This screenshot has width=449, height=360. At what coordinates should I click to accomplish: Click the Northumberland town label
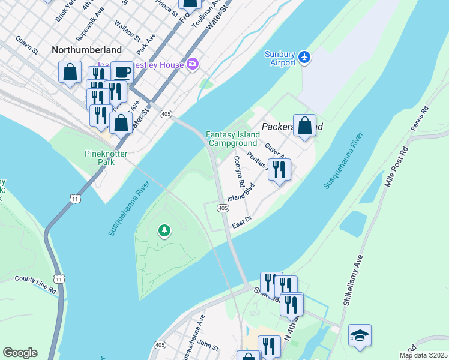click(86, 50)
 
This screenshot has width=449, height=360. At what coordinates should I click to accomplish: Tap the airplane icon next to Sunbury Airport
click(305, 56)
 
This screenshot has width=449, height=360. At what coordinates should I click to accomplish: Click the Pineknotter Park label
click(98, 158)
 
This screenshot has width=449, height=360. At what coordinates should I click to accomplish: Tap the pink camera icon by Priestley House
click(193, 64)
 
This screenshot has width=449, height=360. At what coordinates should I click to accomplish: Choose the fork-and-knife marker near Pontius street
click(279, 170)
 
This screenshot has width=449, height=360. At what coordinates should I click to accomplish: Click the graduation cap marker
click(360, 335)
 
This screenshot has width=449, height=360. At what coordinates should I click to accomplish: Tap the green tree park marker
click(163, 230)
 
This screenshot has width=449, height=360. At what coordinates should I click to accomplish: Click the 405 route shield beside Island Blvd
click(223, 208)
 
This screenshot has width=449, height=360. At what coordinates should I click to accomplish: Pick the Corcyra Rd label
click(239, 171)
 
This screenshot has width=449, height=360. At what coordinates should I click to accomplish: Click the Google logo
click(20, 353)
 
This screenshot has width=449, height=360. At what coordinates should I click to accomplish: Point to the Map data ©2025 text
click(423, 355)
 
